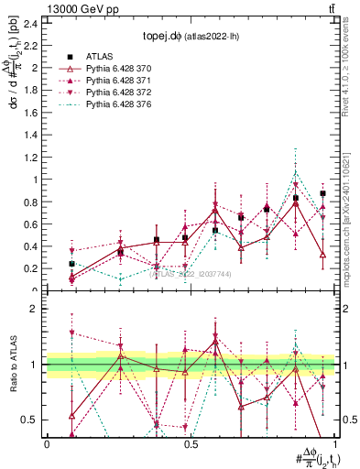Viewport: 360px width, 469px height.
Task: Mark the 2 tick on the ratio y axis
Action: click(x=37, y=310)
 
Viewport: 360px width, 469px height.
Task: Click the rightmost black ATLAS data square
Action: click(x=322, y=194)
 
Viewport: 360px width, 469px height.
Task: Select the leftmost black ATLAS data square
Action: click(x=71, y=264)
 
